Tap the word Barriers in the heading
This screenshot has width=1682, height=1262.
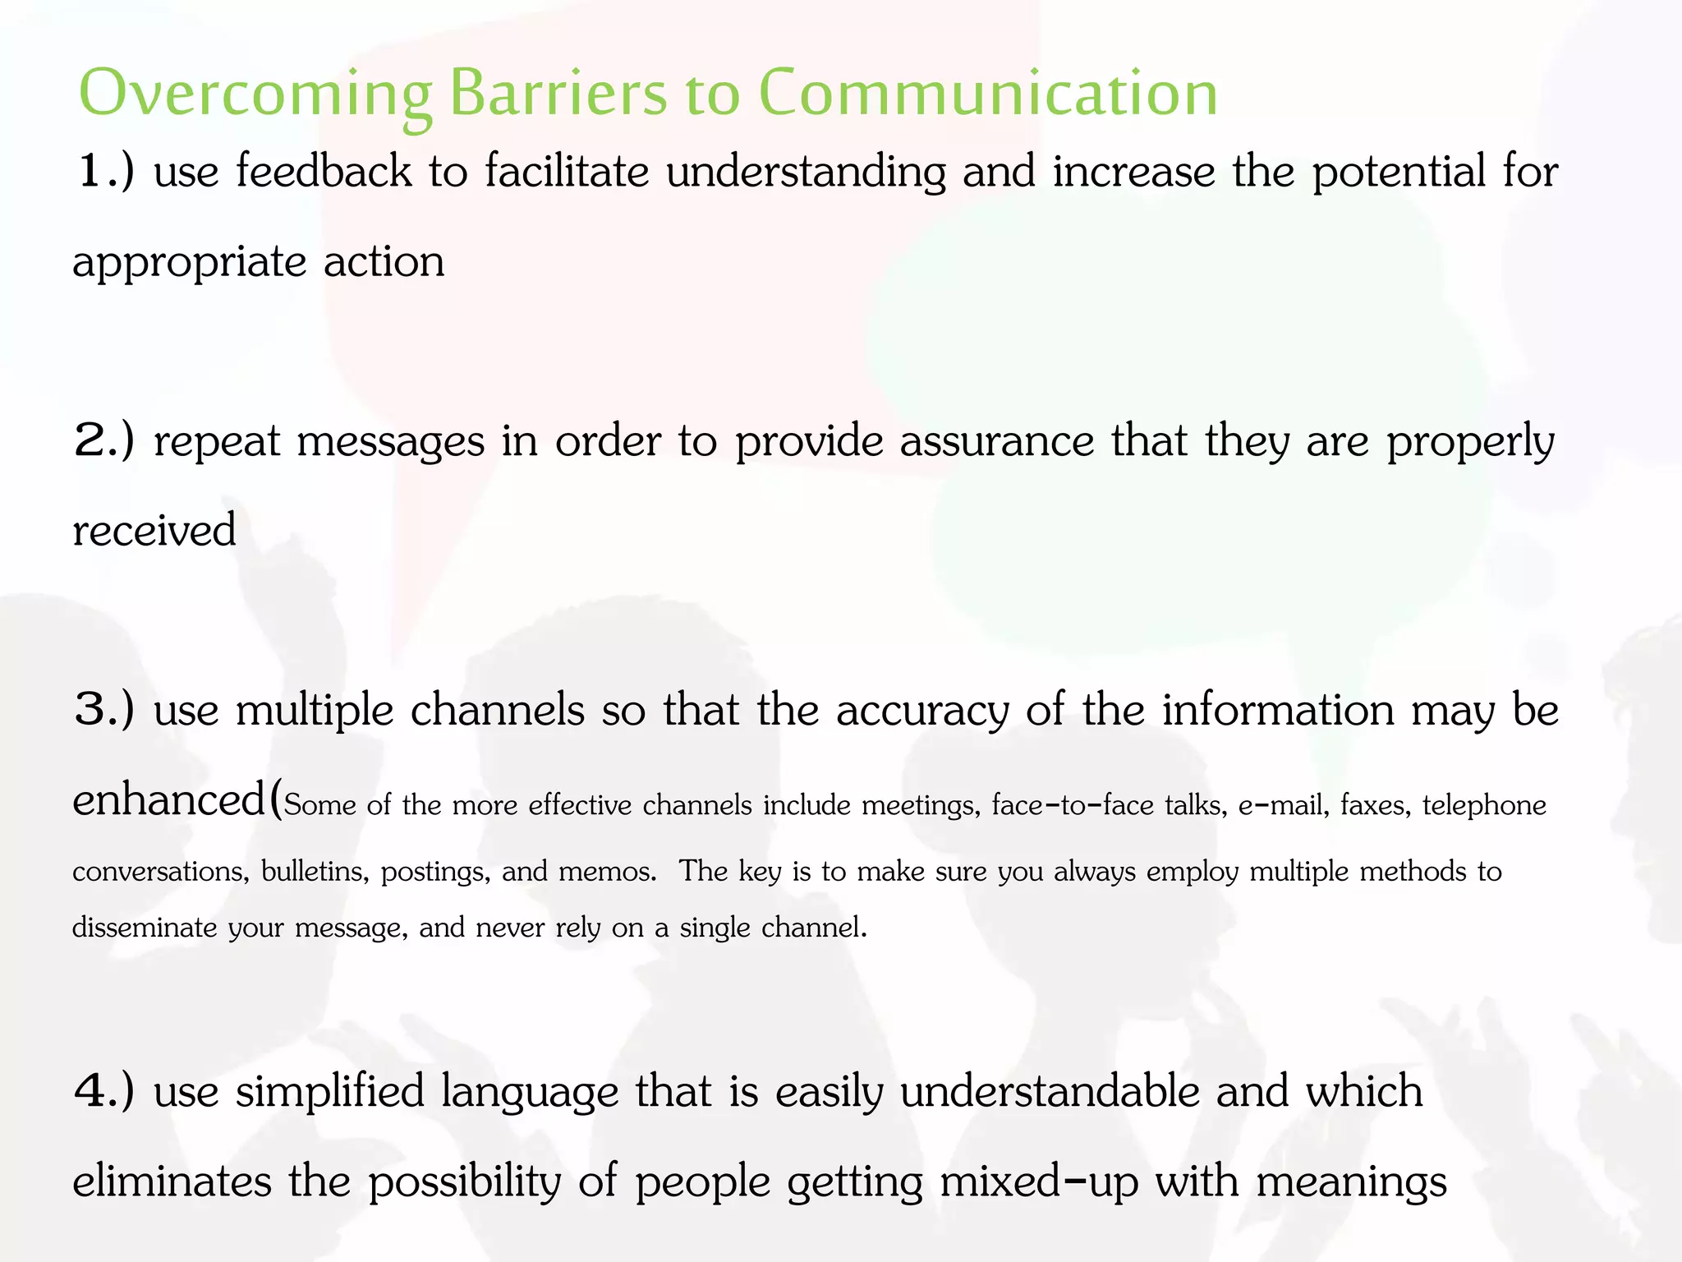(558, 93)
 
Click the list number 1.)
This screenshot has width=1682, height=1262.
(104, 172)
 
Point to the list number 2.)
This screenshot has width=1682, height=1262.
(104, 440)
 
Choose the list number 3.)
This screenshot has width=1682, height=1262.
(104, 709)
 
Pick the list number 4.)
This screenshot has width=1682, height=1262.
(104, 1091)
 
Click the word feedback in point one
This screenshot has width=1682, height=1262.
(324, 172)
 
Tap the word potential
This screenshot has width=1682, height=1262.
(1399, 173)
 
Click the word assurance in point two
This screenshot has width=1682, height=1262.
(997, 441)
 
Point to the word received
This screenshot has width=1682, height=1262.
(154, 530)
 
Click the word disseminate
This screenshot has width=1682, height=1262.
(145, 928)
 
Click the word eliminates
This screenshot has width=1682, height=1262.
(172, 1181)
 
